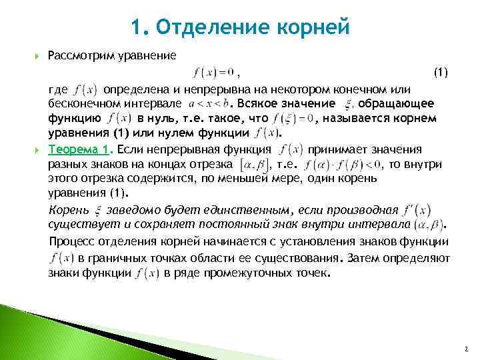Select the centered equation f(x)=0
[x=213, y=71]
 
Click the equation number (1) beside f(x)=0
[x=441, y=71]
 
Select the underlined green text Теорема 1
[x=80, y=149]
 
